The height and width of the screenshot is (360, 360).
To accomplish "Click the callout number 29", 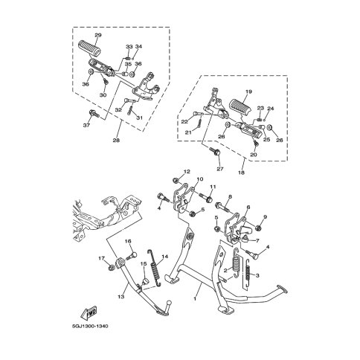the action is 98,35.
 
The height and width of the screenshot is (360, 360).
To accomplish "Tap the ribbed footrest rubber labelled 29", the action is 89,48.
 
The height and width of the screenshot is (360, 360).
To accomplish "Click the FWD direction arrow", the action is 89,312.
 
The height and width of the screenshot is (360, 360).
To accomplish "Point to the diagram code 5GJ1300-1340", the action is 90,326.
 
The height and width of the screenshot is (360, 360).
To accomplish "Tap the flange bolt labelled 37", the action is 94,114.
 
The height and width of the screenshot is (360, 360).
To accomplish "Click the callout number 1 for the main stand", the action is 195,299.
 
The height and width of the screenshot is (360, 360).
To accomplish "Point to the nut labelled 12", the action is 176,180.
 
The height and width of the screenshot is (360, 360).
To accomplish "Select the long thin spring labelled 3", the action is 248,273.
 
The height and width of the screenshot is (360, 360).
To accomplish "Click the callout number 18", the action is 242,173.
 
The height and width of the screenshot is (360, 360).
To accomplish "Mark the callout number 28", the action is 116,141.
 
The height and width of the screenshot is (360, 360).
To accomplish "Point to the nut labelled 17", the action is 112,268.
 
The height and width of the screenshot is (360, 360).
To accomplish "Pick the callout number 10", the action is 200,179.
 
